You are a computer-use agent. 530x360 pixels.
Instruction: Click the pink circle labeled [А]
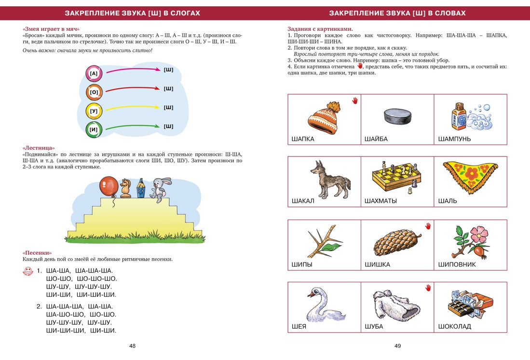click(x=94, y=73)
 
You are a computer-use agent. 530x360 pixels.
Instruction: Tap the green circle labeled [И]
click(x=94, y=129)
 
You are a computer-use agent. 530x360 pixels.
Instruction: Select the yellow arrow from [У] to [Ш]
click(x=133, y=108)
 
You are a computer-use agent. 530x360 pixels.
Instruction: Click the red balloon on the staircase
click(x=109, y=186)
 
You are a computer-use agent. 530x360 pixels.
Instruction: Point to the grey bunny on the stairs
click(x=158, y=188)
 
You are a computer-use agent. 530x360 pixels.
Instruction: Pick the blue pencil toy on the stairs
click(x=140, y=189)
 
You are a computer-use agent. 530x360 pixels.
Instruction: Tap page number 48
click(x=132, y=346)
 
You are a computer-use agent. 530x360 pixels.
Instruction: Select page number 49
click(x=397, y=346)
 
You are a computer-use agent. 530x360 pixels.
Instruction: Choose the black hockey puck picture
click(x=397, y=116)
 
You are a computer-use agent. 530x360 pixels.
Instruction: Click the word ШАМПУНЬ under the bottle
click(x=454, y=139)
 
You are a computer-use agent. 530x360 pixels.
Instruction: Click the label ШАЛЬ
click(x=448, y=201)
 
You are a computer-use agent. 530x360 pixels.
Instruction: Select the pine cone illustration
click(x=397, y=240)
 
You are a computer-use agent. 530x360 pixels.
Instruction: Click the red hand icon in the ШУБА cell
click(x=428, y=288)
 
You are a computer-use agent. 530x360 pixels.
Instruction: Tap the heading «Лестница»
click(x=39, y=148)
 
